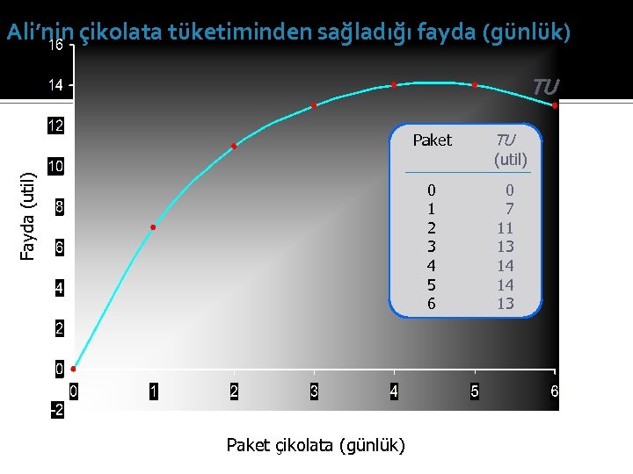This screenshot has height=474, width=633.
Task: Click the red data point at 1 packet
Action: coord(153,227)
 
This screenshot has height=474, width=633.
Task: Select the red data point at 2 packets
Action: coord(234,146)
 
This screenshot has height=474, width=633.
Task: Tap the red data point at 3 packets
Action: coord(314,105)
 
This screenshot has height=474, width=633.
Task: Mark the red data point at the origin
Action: coord(73,370)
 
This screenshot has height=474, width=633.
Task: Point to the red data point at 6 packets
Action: coord(555,105)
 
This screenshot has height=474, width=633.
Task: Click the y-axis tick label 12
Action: coord(55,126)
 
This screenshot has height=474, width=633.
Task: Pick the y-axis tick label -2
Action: coord(55,410)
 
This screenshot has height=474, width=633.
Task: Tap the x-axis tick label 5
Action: coord(474,391)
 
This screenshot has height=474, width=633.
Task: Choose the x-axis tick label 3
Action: coord(314,391)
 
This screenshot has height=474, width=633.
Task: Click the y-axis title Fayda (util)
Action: coord(28,215)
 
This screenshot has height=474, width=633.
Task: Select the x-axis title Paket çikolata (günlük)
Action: coord(316,445)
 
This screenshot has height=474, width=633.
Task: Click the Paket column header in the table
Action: coord(432,140)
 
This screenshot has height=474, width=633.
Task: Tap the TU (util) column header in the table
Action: coord(510,149)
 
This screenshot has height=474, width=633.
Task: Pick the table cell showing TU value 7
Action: coord(509,208)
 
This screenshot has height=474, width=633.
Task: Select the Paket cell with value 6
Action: coord(431,304)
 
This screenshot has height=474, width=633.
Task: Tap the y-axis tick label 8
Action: coord(58,208)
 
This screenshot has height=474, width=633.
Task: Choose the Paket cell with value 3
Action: coord(431,247)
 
